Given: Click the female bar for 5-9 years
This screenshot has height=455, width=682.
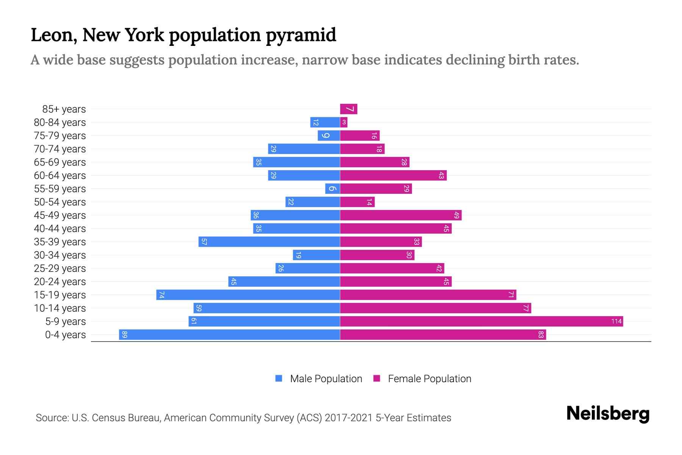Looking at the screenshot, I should tap(481, 322).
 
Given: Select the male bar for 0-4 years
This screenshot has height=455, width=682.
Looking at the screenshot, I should tap(229, 335).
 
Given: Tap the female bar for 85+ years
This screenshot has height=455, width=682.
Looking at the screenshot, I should tap(349, 109).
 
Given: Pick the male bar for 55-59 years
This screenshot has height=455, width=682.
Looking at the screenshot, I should tap(332, 189).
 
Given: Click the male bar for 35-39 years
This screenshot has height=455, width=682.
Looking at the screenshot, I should tap(269, 242).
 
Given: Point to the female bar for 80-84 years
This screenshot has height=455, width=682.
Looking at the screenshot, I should tap(344, 122).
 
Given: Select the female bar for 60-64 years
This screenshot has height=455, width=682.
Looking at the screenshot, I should tap(393, 176).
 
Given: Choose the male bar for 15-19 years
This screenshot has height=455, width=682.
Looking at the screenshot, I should tap(248, 295).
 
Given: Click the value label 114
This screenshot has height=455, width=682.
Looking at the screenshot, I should tap(616, 322).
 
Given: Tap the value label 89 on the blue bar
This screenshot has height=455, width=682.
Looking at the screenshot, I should tap(125, 335).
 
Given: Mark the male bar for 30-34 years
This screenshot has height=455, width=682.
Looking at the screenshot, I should tap(316, 255).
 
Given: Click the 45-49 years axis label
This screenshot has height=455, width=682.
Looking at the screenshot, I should tap(60, 215).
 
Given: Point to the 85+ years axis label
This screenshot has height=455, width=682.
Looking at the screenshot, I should tap(64, 109).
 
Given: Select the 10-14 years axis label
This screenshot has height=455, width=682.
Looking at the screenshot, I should tap(60, 308).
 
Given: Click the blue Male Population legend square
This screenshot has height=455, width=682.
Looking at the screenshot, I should tap(279, 378).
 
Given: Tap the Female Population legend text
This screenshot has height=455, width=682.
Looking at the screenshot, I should tap(429, 379).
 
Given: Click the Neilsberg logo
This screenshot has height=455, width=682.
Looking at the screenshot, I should tap(608, 414).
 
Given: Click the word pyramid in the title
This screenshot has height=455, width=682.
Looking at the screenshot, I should tap(301, 35).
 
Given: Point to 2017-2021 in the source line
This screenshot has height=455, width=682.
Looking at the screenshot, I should tap(349, 418).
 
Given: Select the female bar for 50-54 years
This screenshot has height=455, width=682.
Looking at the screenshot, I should tap(357, 202).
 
